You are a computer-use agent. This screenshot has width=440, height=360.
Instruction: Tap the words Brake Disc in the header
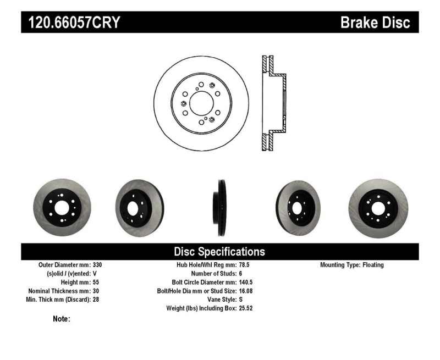(x=376, y=23)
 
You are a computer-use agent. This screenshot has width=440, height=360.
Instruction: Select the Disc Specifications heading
(x=219, y=252)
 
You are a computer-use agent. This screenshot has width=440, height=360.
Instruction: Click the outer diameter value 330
(x=98, y=265)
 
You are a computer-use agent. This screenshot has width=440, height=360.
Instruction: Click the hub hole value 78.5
(x=244, y=265)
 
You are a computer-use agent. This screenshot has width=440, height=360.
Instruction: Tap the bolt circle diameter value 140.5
(x=246, y=283)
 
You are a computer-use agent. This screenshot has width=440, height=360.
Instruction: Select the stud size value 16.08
(x=246, y=291)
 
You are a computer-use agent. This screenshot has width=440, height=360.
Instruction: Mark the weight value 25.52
(x=246, y=309)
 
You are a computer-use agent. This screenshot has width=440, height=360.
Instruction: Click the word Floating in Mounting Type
(x=373, y=265)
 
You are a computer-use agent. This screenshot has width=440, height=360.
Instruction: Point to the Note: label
(x=61, y=319)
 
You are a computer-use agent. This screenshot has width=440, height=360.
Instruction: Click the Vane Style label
(x=219, y=300)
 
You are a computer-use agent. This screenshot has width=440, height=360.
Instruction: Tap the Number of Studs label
(x=213, y=274)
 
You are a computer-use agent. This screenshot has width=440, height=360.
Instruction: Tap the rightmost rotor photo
(x=378, y=207)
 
